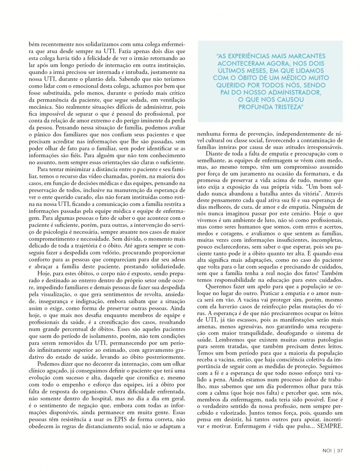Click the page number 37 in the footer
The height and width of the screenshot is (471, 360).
[x=340, y=450]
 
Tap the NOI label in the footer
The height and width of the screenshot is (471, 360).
[x=327, y=450]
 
